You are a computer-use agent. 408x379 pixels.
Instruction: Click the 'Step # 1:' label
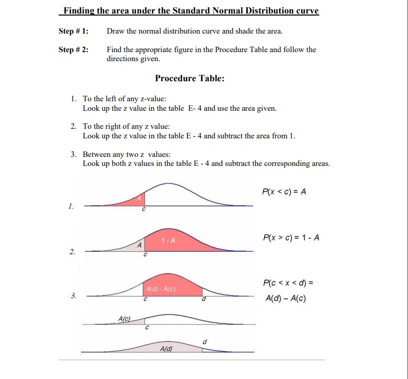74,31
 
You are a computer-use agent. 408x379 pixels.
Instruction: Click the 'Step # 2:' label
74,50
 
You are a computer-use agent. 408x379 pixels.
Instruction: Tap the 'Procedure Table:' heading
190,78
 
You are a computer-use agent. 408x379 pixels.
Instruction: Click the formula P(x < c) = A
284,192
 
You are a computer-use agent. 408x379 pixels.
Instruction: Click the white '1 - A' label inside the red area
168,241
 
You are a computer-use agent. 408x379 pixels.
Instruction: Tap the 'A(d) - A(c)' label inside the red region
159,290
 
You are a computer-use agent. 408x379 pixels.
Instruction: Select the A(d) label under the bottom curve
166,349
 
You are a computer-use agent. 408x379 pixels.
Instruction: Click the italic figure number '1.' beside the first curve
71,206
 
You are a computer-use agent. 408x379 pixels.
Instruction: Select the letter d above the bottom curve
205,342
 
